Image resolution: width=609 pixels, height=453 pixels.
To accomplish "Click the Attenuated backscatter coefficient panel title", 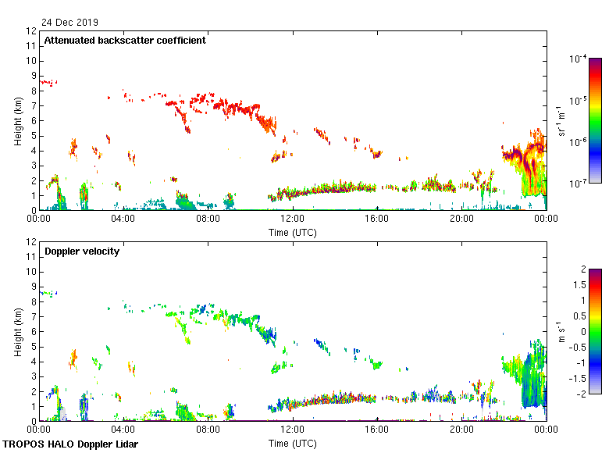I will tap(125, 40).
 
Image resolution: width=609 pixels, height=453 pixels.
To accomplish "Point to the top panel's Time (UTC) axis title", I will tap(293, 232).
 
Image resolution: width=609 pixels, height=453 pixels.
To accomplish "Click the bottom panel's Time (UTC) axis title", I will tap(293, 443).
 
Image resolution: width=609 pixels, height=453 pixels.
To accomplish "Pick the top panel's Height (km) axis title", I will tap(18, 120).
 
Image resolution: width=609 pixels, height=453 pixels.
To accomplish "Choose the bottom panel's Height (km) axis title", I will tap(18, 331).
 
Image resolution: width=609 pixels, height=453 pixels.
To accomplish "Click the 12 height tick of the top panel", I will tap(31, 31).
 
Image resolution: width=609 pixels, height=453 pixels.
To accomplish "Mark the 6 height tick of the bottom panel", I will tap(34, 331).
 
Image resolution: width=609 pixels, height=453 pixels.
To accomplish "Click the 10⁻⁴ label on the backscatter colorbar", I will tap(579, 59).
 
